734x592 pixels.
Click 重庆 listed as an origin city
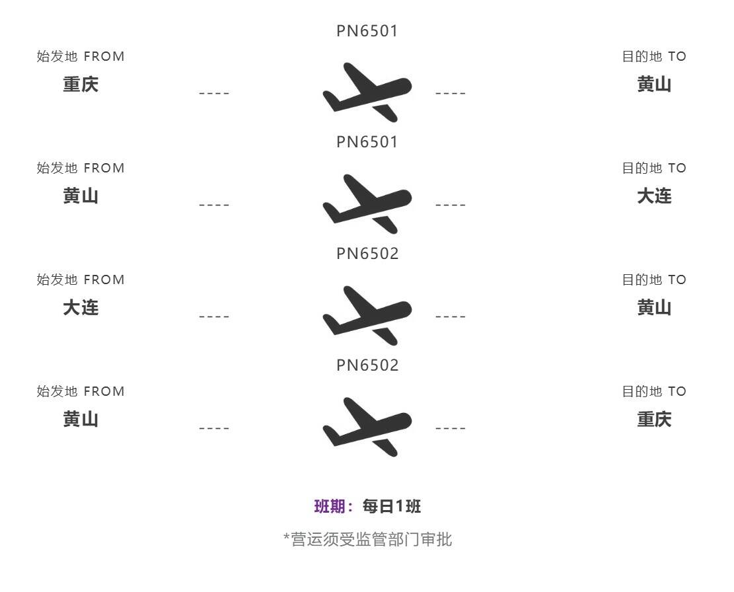click(81, 85)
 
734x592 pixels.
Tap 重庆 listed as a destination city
click(654, 420)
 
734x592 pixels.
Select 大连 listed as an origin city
click(81, 308)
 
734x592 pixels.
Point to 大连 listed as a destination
click(654, 196)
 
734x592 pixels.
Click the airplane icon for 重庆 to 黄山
click(367, 92)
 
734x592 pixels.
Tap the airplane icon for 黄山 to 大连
click(367, 203)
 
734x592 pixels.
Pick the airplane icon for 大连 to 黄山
click(367, 315)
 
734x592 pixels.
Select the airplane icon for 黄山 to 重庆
click(367, 427)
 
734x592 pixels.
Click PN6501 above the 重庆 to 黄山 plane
click(367, 31)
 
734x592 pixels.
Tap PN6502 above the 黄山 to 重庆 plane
click(367, 365)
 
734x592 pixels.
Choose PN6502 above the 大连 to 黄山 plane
click(367, 254)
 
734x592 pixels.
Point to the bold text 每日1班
click(392, 507)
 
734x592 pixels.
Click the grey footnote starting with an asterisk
click(367, 539)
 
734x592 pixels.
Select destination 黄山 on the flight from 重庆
click(654, 85)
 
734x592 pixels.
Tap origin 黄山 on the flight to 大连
click(81, 196)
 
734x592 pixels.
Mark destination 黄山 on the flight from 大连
click(654, 308)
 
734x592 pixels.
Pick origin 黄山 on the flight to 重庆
click(81, 420)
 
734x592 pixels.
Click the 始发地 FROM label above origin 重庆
click(81, 57)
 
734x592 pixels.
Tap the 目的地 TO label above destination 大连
click(654, 168)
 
